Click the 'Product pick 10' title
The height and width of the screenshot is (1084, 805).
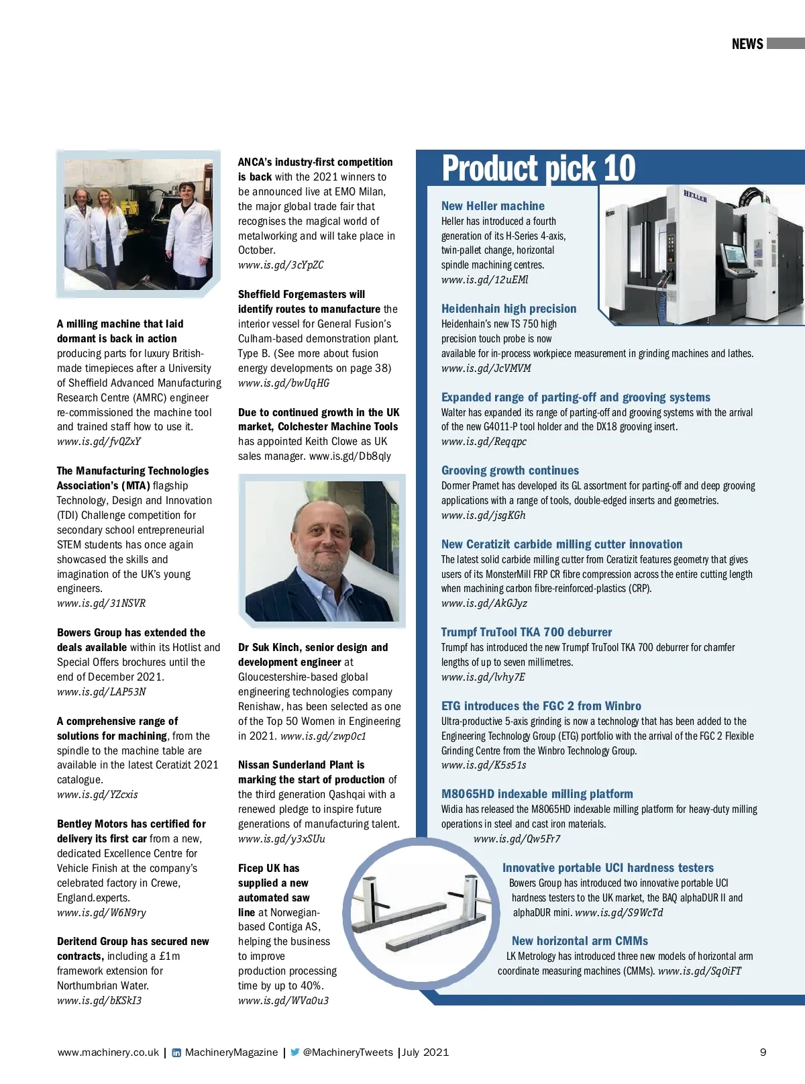538,168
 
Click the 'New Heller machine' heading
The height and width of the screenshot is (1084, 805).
492,206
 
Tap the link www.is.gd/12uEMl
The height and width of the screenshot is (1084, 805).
484,280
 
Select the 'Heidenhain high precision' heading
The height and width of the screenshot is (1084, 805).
508,309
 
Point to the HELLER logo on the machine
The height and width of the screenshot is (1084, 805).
695,196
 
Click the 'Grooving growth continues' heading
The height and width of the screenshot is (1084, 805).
510,471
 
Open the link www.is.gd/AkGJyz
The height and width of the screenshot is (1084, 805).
484,603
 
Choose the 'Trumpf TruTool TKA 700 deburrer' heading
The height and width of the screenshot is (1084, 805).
526,632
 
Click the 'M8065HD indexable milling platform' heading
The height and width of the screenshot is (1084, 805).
537,794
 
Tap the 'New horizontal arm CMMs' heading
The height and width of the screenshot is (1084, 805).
580,941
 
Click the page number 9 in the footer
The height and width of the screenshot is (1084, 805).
763,1052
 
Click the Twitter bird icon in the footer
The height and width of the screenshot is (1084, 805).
294,1052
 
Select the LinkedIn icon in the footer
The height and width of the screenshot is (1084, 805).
176,1052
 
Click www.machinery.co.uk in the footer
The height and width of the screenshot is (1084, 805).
108,1052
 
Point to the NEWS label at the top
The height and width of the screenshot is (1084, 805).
747,44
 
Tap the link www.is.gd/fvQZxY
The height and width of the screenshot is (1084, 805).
99,442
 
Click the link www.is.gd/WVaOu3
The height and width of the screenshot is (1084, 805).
283,1001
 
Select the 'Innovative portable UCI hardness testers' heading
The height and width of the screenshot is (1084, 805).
608,868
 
